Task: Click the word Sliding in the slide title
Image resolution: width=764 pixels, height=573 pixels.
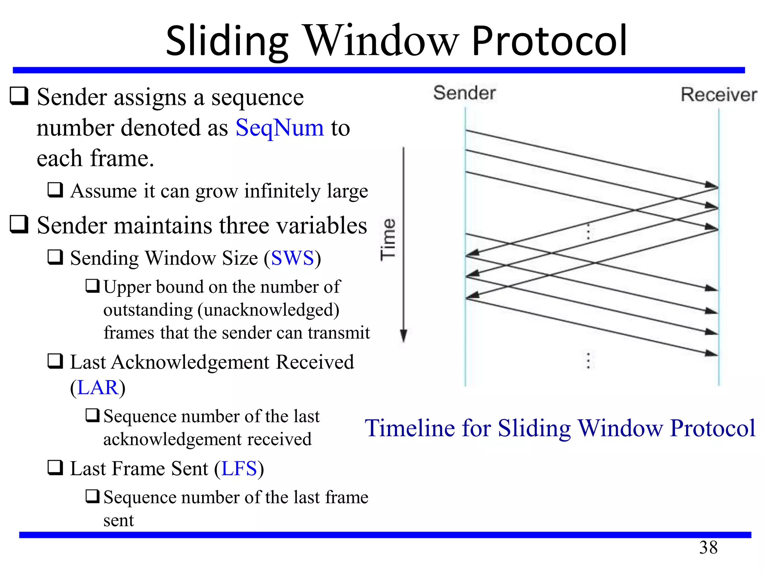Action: (x=227, y=41)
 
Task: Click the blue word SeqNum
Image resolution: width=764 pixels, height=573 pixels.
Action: (x=280, y=128)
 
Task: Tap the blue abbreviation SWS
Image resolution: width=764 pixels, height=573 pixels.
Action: (x=292, y=258)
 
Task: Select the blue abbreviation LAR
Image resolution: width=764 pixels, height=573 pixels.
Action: (x=98, y=388)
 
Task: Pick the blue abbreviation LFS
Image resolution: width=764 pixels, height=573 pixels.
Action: (x=239, y=469)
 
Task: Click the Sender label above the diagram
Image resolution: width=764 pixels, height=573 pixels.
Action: (x=464, y=93)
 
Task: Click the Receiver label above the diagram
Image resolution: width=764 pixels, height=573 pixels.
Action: (x=719, y=94)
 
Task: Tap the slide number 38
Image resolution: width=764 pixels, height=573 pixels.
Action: (x=708, y=548)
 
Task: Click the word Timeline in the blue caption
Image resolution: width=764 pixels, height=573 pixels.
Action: (x=409, y=428)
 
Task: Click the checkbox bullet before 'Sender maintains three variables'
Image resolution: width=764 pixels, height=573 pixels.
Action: (x=19, y=224)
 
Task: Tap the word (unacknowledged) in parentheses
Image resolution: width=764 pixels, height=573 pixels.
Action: (x=269, y=310)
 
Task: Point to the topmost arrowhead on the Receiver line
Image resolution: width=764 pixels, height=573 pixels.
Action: (x=711, y=185)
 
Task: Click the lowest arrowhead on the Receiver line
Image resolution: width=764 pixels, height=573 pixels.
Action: (x=711, y=353)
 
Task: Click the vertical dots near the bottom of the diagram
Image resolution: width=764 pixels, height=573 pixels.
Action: (x=588, y=361)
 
